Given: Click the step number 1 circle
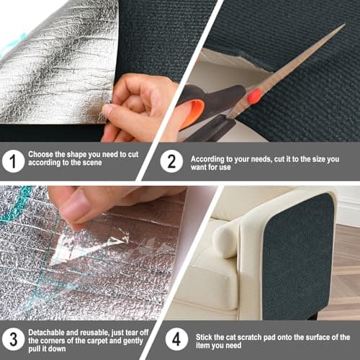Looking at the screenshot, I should click(x=12, y=160).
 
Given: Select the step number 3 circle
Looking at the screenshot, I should click(x=12, y=337).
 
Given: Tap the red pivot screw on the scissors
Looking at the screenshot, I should click(x=253, y=96).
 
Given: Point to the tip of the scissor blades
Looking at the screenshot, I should click(x=343, y=27).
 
